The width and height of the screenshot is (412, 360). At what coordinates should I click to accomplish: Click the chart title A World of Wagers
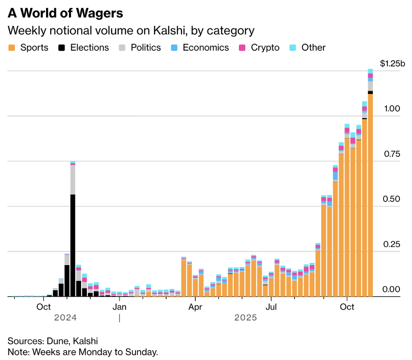pyautogui.click(x=65, y=13)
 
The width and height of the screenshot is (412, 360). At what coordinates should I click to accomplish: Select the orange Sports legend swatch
pyautogui.click(x=12, y=47)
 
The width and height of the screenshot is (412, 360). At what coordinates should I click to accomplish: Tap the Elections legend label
pyautogui.click(x=89, y=47)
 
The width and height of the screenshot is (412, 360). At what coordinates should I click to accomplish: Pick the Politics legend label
pyautogui.click(x=146, y=47)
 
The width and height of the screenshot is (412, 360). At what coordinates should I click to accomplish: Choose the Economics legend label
pyautogui.click(x=206, y=47)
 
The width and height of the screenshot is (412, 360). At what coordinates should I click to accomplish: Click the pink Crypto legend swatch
pyautogui.click(x=242, y=47)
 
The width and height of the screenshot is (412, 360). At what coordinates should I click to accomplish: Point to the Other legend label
pyautogui.click(x=313, y=47)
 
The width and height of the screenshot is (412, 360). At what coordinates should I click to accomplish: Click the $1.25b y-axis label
pyautogui.click(x=392, y=64)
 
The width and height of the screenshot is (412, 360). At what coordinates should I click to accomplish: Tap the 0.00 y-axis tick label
pyautogui.click(x=392, y=289)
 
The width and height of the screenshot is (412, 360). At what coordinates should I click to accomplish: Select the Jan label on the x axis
pyautogui.click(x=120, y=307)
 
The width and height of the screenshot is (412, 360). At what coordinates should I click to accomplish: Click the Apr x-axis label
pyautogui.click(x=196, y=307)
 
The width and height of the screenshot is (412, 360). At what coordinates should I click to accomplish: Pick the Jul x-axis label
pyautogui.click(x=271, y=307)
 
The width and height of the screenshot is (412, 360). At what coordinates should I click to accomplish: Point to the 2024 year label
pyautogui.click(x=65, y=318)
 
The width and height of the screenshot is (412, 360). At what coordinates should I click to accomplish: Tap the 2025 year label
pyautogui.click(x=246, y=318)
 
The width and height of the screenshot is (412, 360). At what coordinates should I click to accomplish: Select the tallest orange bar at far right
pyautogui.click(x=371, y=195)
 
